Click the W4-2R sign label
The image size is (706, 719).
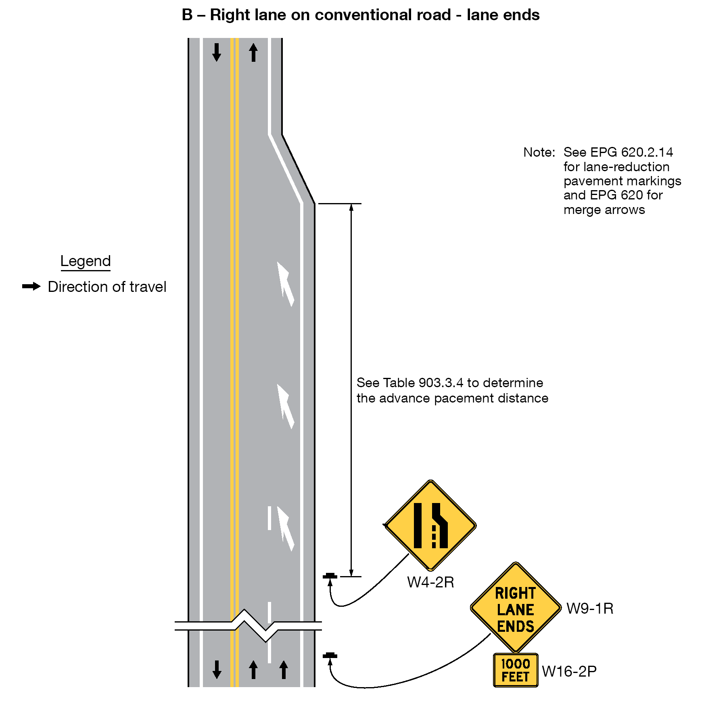point(430,583)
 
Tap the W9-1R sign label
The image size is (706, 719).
point(590,609)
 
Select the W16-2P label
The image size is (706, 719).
point(569,671)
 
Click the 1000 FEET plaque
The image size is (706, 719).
point(516,670)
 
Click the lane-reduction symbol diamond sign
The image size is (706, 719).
point(430,525)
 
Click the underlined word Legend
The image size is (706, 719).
point(86,261)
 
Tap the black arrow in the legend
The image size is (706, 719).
point(31,287)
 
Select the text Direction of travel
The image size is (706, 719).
point(107,287)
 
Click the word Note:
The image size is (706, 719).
point(539,153)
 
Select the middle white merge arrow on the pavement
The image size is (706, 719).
point(285,406)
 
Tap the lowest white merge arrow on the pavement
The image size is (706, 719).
point(285,528)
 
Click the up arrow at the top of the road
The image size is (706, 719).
point(253,52)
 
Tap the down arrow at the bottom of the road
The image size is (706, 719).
point(217,669)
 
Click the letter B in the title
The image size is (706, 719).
point(187,15)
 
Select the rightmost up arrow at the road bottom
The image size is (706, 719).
point(284,669)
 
